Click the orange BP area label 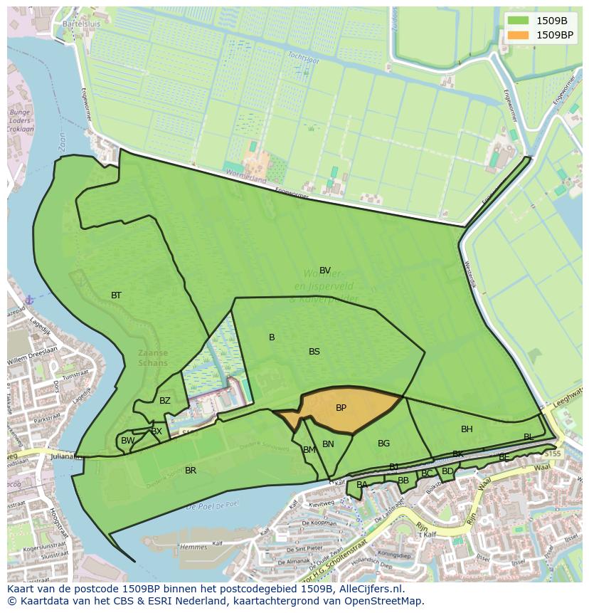pos(341,408)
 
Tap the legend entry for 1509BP pos(554,35)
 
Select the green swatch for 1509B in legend pos(518,21)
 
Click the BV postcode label pos(325,271)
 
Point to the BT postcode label pos(116,295)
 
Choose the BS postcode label pos(314,352)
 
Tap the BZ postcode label pos(165,401)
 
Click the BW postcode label pos(127,441)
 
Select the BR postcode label pos(191,471)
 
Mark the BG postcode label pos(383,444)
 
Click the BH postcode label pos(467,429)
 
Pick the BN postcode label pos(328,444)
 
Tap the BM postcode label pos(309,450)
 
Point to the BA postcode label pos(362,485)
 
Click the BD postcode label pos(447,471)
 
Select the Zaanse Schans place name pos(153,357)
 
